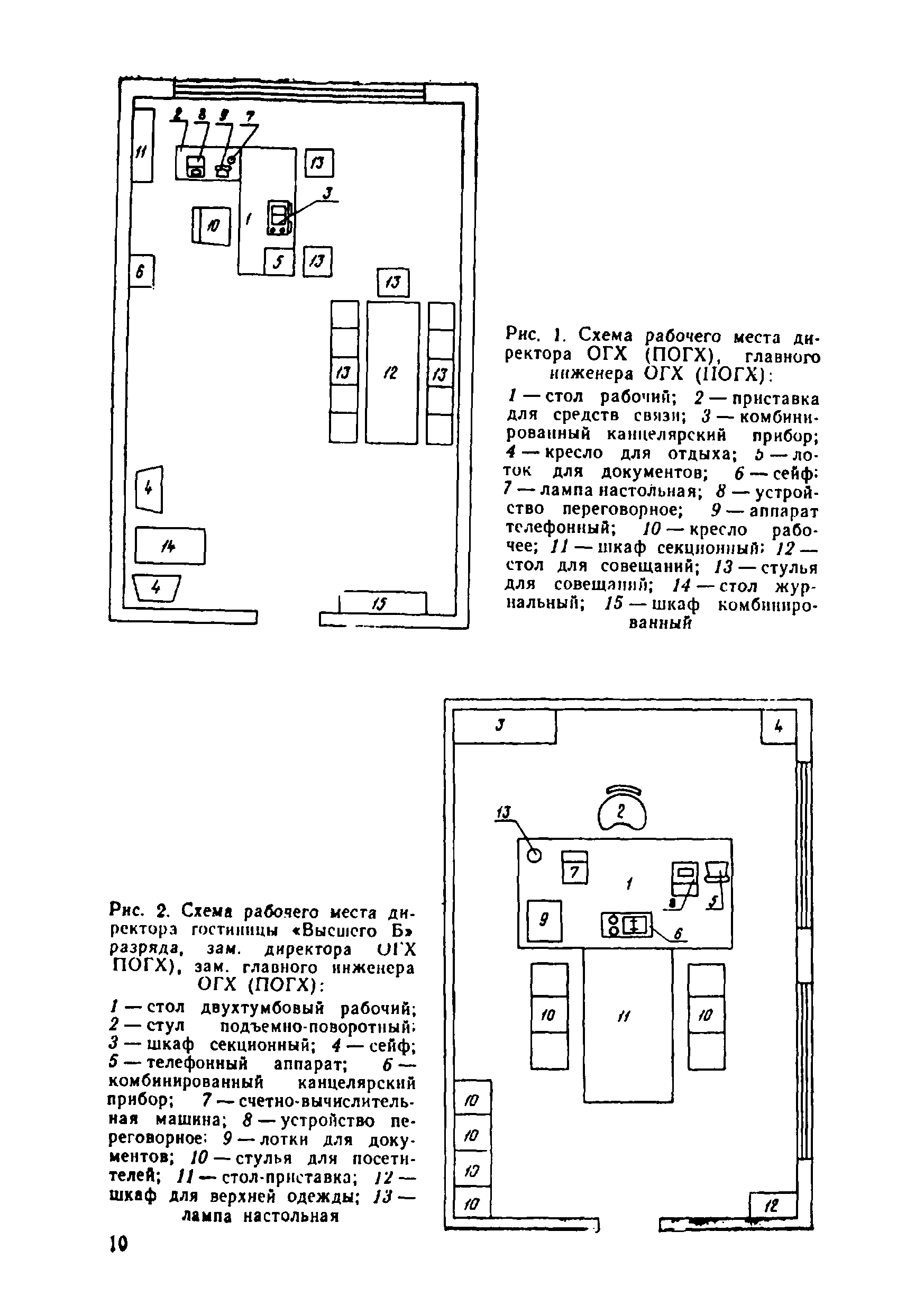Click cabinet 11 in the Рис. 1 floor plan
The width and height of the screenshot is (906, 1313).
point(142,146)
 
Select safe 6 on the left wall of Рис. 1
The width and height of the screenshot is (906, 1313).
point(141,271)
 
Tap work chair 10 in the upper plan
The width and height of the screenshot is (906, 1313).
point(212,226)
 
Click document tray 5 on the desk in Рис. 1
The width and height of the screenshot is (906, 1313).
point(279,262)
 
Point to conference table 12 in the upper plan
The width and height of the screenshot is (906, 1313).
point(392,373)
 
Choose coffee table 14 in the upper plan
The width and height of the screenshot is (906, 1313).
point(170,546)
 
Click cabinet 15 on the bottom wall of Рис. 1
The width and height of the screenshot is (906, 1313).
point(382,604)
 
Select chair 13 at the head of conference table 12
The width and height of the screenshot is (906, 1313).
point(393,282)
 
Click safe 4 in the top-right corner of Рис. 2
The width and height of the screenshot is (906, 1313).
point(777,727)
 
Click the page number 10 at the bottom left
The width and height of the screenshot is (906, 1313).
point(119,1244)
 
